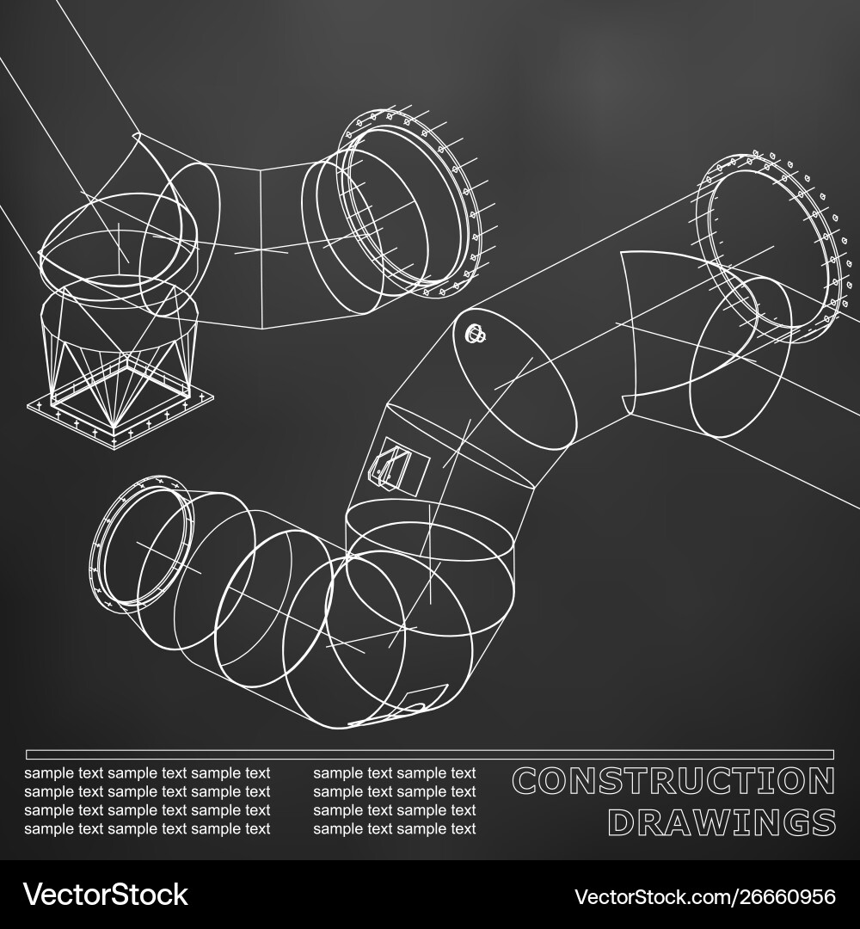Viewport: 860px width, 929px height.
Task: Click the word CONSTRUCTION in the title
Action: [673, 781]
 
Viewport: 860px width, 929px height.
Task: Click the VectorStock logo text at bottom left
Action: [105, 895]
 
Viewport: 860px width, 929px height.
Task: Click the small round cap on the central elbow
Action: [473, 334]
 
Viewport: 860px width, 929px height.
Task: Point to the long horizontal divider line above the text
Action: [430, 754]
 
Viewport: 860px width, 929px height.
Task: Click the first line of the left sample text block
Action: [147, 773]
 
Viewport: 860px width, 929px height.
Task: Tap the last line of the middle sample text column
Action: [394, 829]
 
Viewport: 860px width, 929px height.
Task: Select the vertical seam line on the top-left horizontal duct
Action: [261, 249]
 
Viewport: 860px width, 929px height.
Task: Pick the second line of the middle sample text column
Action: [394, 791]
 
